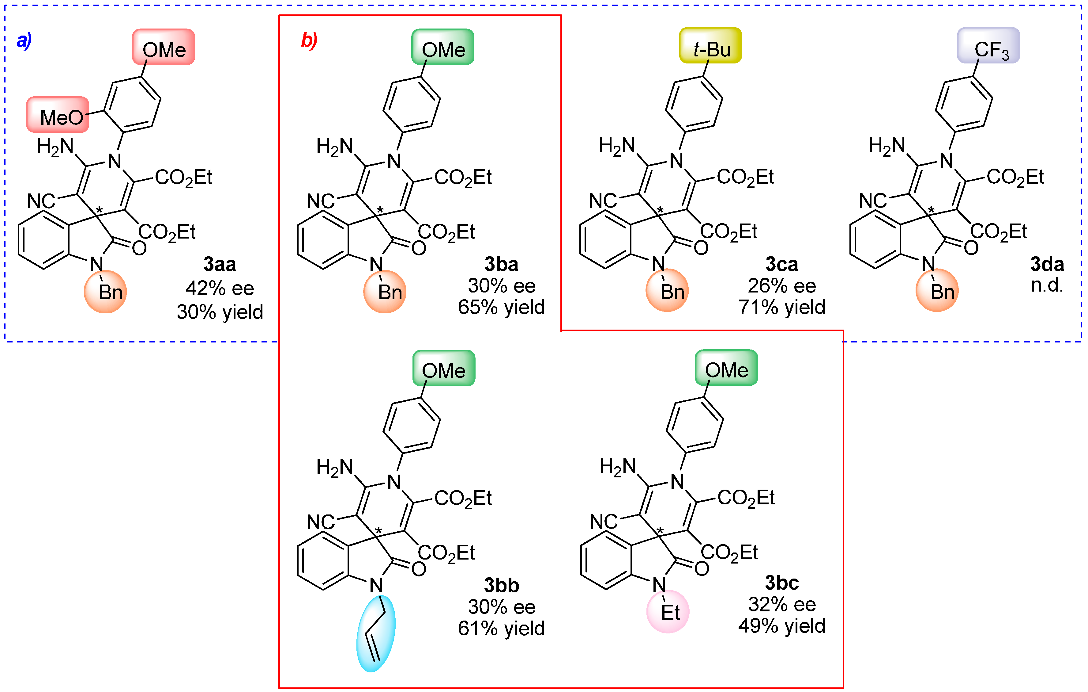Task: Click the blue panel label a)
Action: (24, 41)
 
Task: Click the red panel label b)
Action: (309, 41)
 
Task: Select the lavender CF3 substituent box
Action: (988, 46)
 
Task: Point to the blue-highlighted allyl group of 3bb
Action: (376, 633)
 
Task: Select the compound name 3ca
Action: (782, 264)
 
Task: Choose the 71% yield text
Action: (782, 307)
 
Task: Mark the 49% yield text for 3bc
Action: (782, 626)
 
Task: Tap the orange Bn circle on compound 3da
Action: (937, 291)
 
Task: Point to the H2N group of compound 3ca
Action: (617, 146)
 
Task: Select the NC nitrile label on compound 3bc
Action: (603, 522)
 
